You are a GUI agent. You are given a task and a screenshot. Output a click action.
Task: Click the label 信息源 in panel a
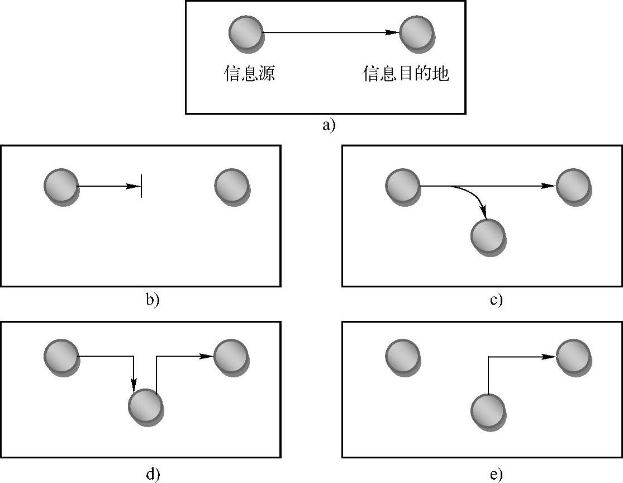tap(249, 74)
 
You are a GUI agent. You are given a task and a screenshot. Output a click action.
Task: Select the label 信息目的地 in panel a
tap(406, 74)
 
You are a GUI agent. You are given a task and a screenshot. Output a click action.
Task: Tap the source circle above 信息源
tap(246, 32)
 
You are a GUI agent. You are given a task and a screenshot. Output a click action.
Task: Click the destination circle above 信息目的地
tap(417, 32)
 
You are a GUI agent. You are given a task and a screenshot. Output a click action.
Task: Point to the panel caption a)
tap(329, 125)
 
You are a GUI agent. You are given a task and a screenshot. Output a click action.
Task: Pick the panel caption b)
tap(153, 300)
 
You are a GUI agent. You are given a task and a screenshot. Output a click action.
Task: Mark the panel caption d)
tap(153, 474)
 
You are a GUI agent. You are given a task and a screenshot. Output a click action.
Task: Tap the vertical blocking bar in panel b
tap(141, 186)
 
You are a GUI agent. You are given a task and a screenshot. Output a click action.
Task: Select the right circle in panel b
tap(232, 186)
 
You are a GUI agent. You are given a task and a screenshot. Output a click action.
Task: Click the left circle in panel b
tap(61, 186)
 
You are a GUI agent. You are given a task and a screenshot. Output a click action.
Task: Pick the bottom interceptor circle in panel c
tap(488, 236)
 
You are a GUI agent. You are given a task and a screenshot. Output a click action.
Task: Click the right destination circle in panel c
tap(573, 186)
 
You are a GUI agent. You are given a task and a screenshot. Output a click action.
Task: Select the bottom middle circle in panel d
tap(145, 405)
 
